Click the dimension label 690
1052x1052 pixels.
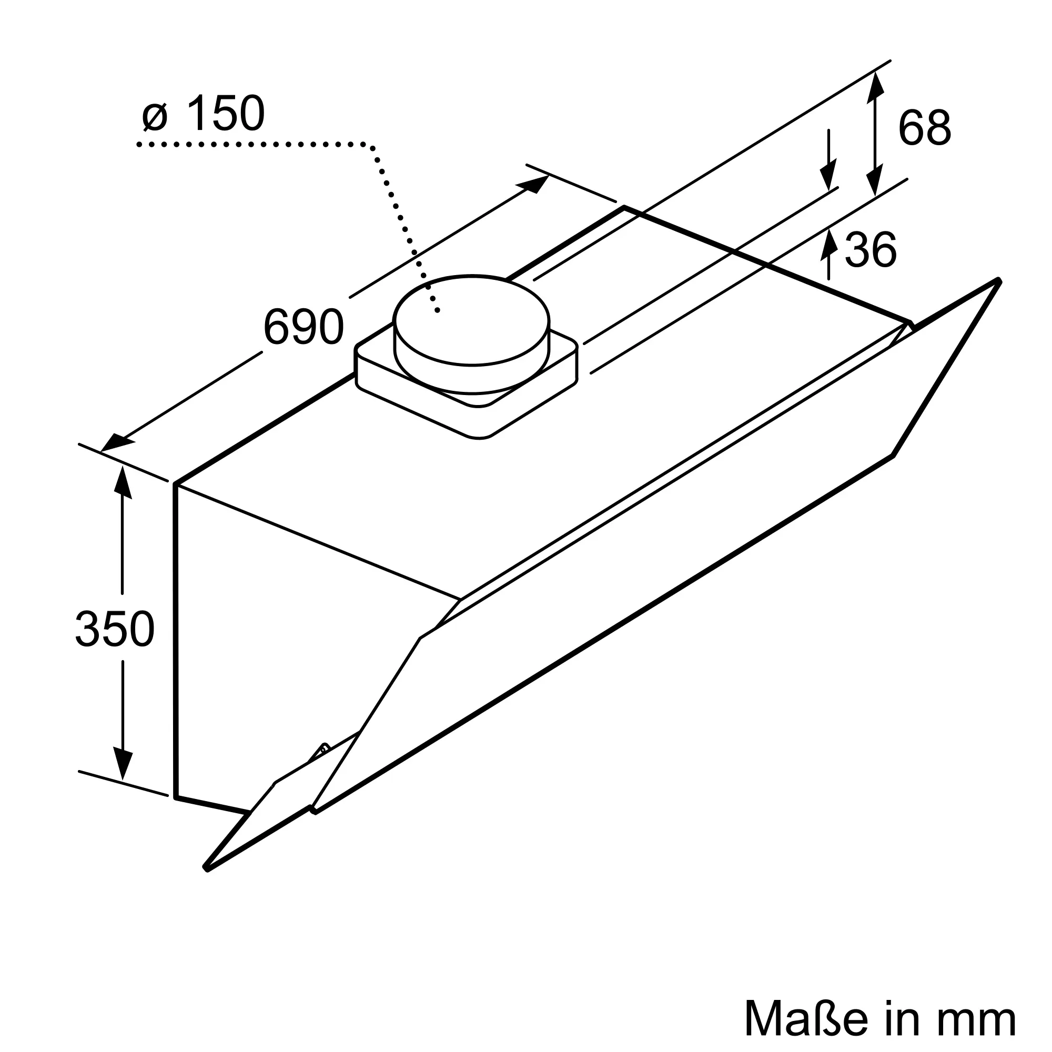tap(304, 327)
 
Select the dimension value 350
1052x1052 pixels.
tap(115, 629)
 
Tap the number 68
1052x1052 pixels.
tap(925, 128)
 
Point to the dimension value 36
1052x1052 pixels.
tap(870, 250)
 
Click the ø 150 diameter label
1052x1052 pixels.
tap(204, 113)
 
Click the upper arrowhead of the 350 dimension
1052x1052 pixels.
tap(122, 482)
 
